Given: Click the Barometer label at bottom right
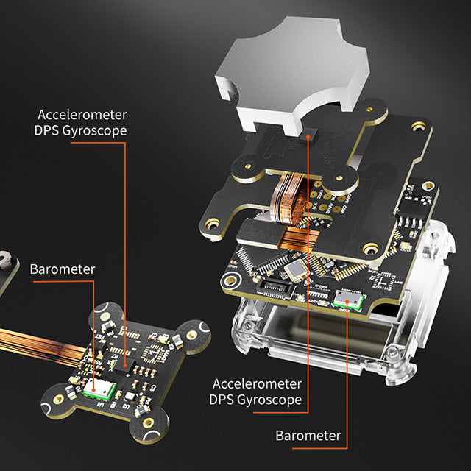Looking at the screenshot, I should [x=308, y=435].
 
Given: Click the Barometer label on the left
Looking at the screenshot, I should [x=63, y=269].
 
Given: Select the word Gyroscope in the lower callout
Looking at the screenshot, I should [x=272, y=400].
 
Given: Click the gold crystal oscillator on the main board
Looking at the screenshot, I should [x=296, y=270].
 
